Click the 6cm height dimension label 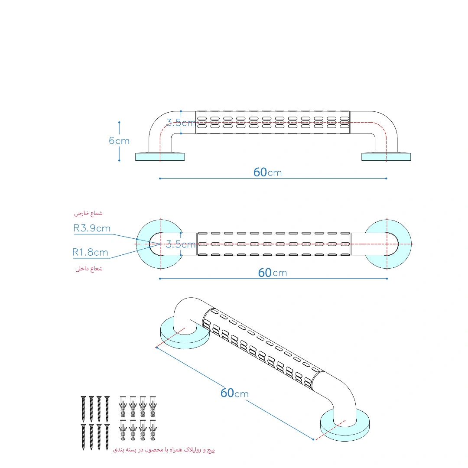click(x=119, y=140)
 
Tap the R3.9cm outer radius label click(x=92, y=228)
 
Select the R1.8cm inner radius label click(x=90, y=253)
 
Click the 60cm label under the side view click(x=267, y=172)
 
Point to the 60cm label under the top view click(x=272, y=273)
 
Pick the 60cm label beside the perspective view click(x=234, y=393)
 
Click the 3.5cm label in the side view click(x=181, y=123)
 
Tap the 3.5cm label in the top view click(x=181, y=244)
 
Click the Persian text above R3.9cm click(x=88, y=213)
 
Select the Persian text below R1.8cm click(x=89, y=269)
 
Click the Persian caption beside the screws click(x=164, y=450)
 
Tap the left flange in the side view click(x=159, y=157)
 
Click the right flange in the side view click(x=386, y=157)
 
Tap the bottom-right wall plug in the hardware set click(x=153, y=430)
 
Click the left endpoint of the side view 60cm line click(x=160, y=179)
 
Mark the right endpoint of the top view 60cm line click(x=387, y=279)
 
